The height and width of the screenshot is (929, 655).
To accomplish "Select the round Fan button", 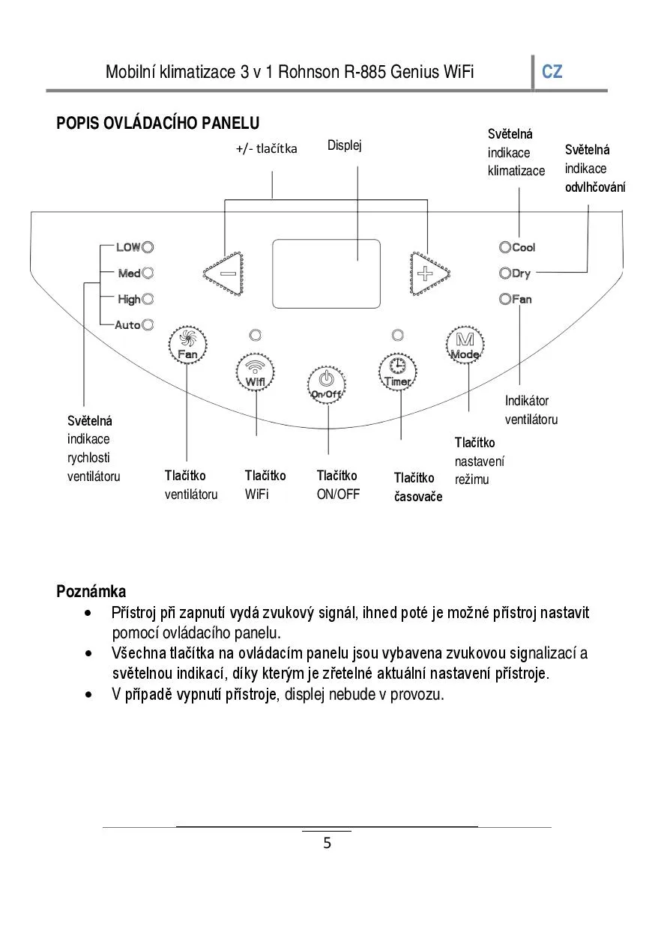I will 187,345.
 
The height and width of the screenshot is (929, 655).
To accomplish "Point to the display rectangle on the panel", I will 326,273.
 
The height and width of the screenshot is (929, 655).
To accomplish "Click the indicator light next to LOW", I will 148,247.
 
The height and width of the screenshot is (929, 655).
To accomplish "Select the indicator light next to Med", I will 148,273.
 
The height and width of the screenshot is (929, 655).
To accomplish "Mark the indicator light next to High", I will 148,299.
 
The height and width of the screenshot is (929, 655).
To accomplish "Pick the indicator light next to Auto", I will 148,324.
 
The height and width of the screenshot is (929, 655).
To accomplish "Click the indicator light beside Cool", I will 505,247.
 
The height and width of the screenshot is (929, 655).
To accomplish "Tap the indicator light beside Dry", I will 505,273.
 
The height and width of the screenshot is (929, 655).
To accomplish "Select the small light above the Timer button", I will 398,334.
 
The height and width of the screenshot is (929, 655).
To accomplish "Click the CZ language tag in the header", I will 552,72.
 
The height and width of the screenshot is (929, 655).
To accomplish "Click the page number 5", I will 327,844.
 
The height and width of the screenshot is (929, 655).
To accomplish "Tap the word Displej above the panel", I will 345,145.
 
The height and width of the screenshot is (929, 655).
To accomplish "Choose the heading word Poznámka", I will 91,592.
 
